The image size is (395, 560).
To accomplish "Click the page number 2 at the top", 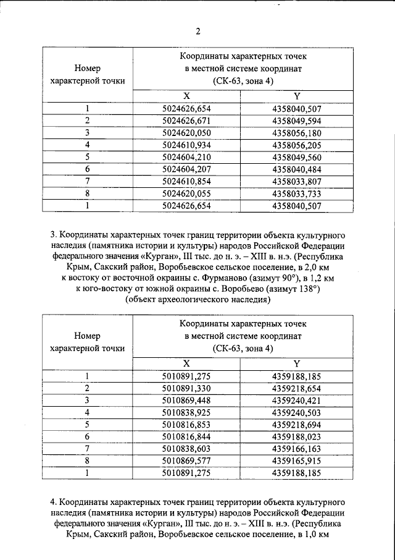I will pos(198,32).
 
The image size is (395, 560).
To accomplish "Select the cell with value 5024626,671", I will pos(186,121).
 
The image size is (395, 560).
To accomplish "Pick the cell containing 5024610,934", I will pos(186,144).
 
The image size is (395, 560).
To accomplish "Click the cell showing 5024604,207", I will pos(186,168).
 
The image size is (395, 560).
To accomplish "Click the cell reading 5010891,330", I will pos(186,388).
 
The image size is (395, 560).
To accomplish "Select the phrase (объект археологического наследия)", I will pos(197,301).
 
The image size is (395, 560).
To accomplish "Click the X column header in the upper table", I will pos(186,96).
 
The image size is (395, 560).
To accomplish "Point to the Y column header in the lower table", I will pos(297,363).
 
